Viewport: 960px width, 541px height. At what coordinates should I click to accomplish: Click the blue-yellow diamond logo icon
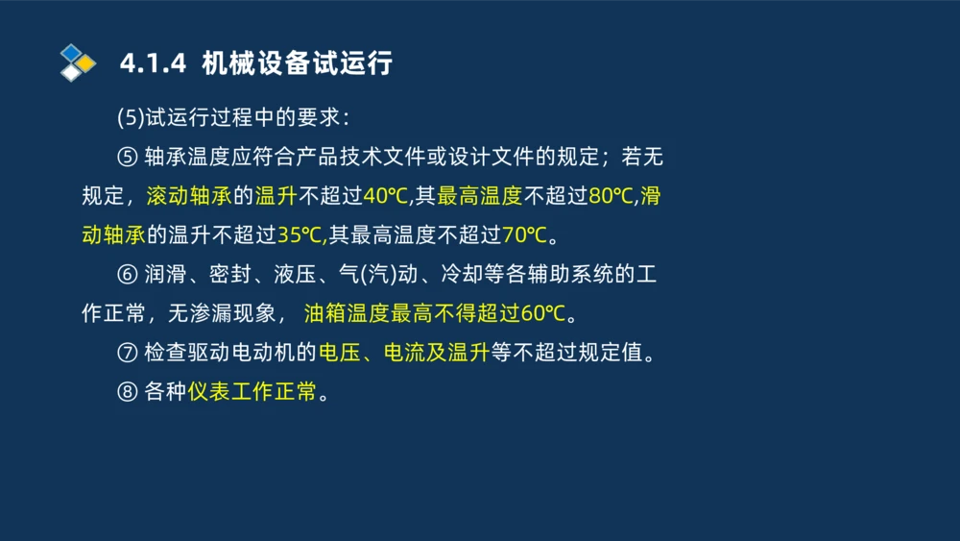click(78, 62)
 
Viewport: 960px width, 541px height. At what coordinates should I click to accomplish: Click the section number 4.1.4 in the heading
click(152, 63)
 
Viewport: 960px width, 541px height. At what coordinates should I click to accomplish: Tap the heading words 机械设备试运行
click(298, 63)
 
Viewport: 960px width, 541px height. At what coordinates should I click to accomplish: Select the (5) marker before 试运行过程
click(131, 118)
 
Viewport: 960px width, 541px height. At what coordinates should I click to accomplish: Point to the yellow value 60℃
click(543, 314)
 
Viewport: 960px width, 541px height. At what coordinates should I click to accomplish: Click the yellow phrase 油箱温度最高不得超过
click(412, 314)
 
